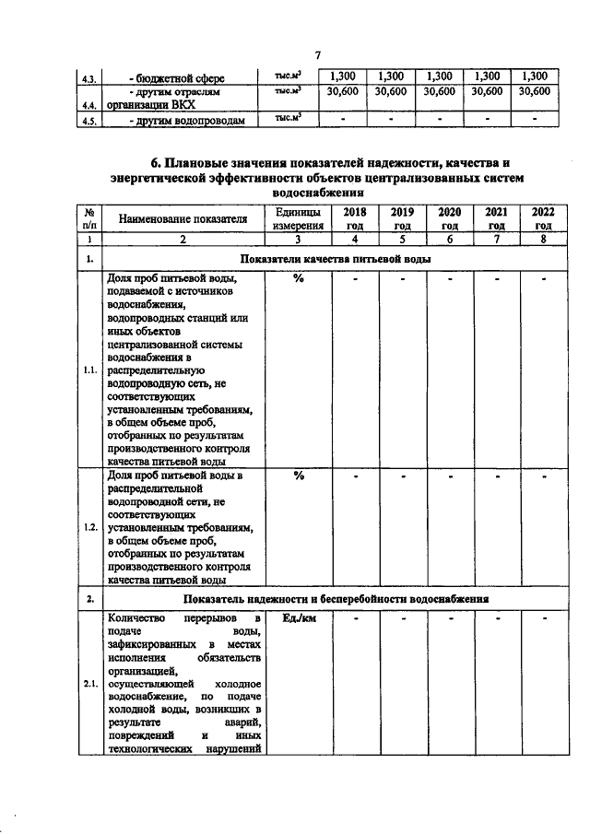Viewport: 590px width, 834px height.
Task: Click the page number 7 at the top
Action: [x=316, y=56]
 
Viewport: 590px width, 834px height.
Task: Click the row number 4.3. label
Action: [x=89, y=78]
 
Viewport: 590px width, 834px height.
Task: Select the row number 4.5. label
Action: [x=89, y=121]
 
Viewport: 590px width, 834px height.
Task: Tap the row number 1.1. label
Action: [x=89, y=370]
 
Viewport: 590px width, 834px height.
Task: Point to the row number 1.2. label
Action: [x=89, y=528]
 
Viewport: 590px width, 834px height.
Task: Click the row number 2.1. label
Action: [x=89, y=684]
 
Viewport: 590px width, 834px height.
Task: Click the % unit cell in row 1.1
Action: [x=298, y=280]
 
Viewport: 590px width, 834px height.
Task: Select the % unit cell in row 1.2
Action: [x=298, y=476]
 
